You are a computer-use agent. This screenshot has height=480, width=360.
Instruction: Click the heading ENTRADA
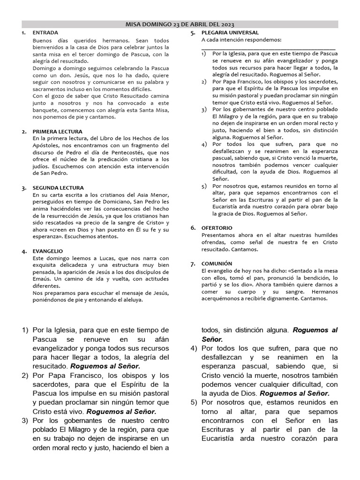(45, 33)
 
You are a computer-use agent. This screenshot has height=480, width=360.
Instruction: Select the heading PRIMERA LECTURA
(57, 132)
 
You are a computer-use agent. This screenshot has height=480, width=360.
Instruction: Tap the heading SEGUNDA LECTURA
(58, 188)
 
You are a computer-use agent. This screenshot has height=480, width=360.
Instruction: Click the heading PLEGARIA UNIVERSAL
(229, 33)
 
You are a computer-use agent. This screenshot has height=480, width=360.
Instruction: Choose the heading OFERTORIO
(217, 228)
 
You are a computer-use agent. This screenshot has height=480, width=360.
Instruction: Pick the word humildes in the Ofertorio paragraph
(323, 234)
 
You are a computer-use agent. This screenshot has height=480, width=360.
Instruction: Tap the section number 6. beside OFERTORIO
(193, 228)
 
